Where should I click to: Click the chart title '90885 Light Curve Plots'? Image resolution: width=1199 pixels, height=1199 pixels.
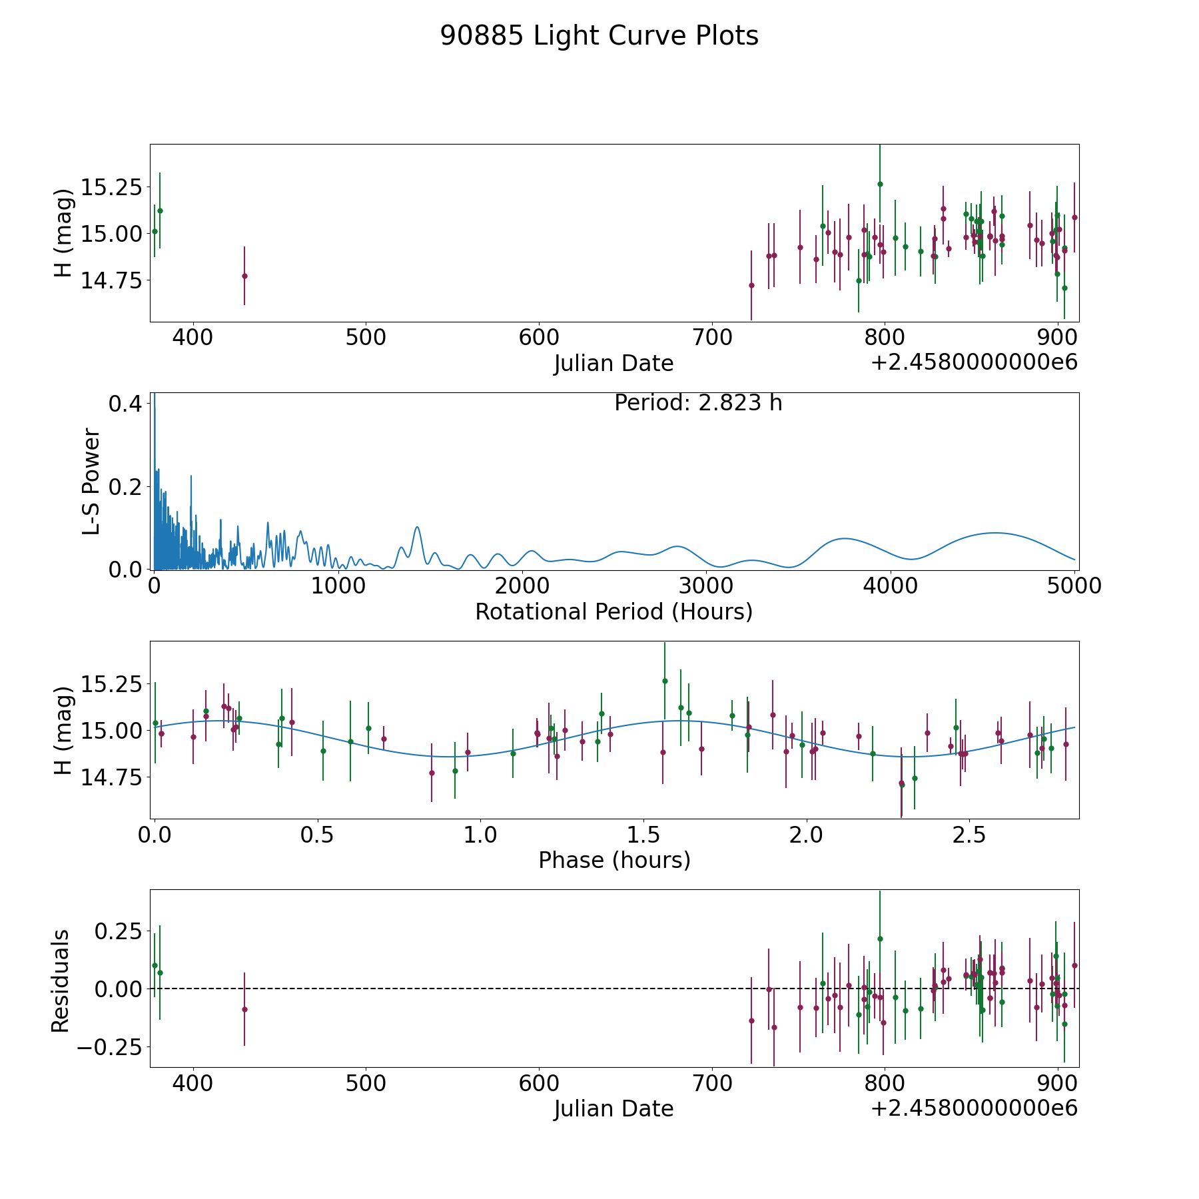[599, 36]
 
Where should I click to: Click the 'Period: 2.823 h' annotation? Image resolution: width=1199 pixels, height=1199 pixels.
[698, 403]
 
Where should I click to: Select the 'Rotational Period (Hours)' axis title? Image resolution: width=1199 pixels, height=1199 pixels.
[613, 611]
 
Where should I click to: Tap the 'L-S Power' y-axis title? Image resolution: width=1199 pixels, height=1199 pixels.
[91, 482]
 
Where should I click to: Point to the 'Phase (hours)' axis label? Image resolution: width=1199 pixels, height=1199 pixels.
[614, 860]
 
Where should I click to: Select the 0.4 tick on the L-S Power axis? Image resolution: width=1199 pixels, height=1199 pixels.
[125, 404]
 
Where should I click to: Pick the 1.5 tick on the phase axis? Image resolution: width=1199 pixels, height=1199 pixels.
[643, 835]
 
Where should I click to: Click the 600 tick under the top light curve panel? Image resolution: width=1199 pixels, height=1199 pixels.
[539, 338]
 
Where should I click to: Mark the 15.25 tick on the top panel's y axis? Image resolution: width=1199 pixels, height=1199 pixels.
[111, 187]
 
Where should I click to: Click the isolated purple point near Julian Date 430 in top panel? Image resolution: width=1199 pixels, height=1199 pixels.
[244, 276]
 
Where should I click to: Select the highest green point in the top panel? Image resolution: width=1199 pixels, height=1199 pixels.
[880, 184]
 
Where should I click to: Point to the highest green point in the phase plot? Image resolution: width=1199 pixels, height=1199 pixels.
[665, 681]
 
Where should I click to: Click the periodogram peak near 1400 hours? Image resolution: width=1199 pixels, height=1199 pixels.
[417, 528]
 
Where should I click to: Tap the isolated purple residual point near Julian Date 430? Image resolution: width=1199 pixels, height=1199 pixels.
[244, 1009]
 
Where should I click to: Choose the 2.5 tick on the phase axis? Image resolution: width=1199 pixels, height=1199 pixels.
[969, 835]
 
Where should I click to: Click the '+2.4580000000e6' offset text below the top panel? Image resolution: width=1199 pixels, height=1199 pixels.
[974, 362]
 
